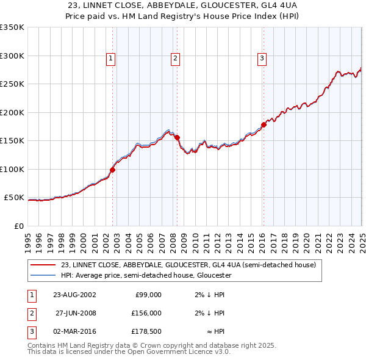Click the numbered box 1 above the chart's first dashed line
[x=111, y=59]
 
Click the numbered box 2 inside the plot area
[x=175, y=59]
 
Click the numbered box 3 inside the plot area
[x=262, y=59]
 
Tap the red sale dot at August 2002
[x=113, y=170]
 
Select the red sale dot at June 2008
[x=178, y=137]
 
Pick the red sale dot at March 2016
[x=264, y=124]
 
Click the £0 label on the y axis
[x=18, y=226]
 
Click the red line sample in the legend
[x=43, y=265]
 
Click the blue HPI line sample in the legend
[x=43, y=275]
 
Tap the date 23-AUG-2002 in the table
[x=74, y=294]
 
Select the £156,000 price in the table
[x=147, y=313]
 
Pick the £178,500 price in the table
[x=147, y=332]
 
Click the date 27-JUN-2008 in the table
[x=74, y=313]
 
